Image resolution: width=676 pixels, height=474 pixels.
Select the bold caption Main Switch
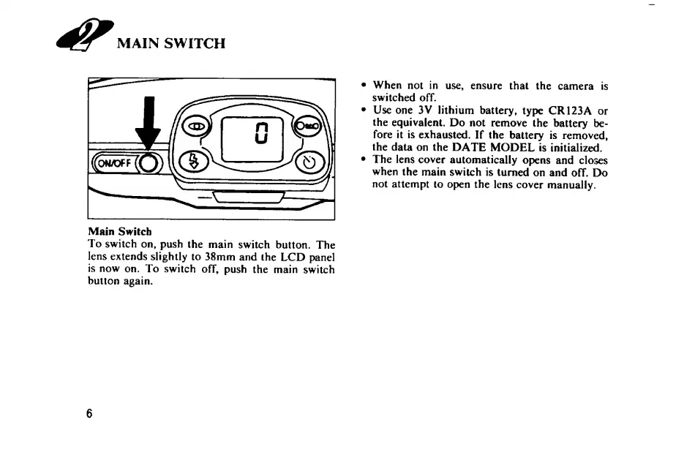click(120, 231)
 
